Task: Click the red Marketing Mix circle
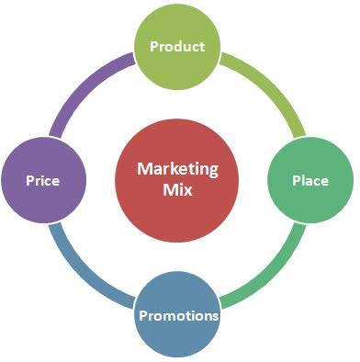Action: [177, 180]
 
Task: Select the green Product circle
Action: [177, 47]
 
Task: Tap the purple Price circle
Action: [44, 180]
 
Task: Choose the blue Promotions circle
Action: [177, 314]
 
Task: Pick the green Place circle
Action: [310, 180]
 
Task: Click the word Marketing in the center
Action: [177, 169]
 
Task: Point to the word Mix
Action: [177, 189]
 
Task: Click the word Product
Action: [177, 46]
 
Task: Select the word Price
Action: [42, 180]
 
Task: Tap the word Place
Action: [310, 180]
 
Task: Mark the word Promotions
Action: [179, 315]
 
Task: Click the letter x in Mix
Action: [187, 191]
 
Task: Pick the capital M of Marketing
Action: [144, 168]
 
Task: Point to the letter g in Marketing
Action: [213, 172]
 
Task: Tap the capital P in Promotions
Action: [143, 315]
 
